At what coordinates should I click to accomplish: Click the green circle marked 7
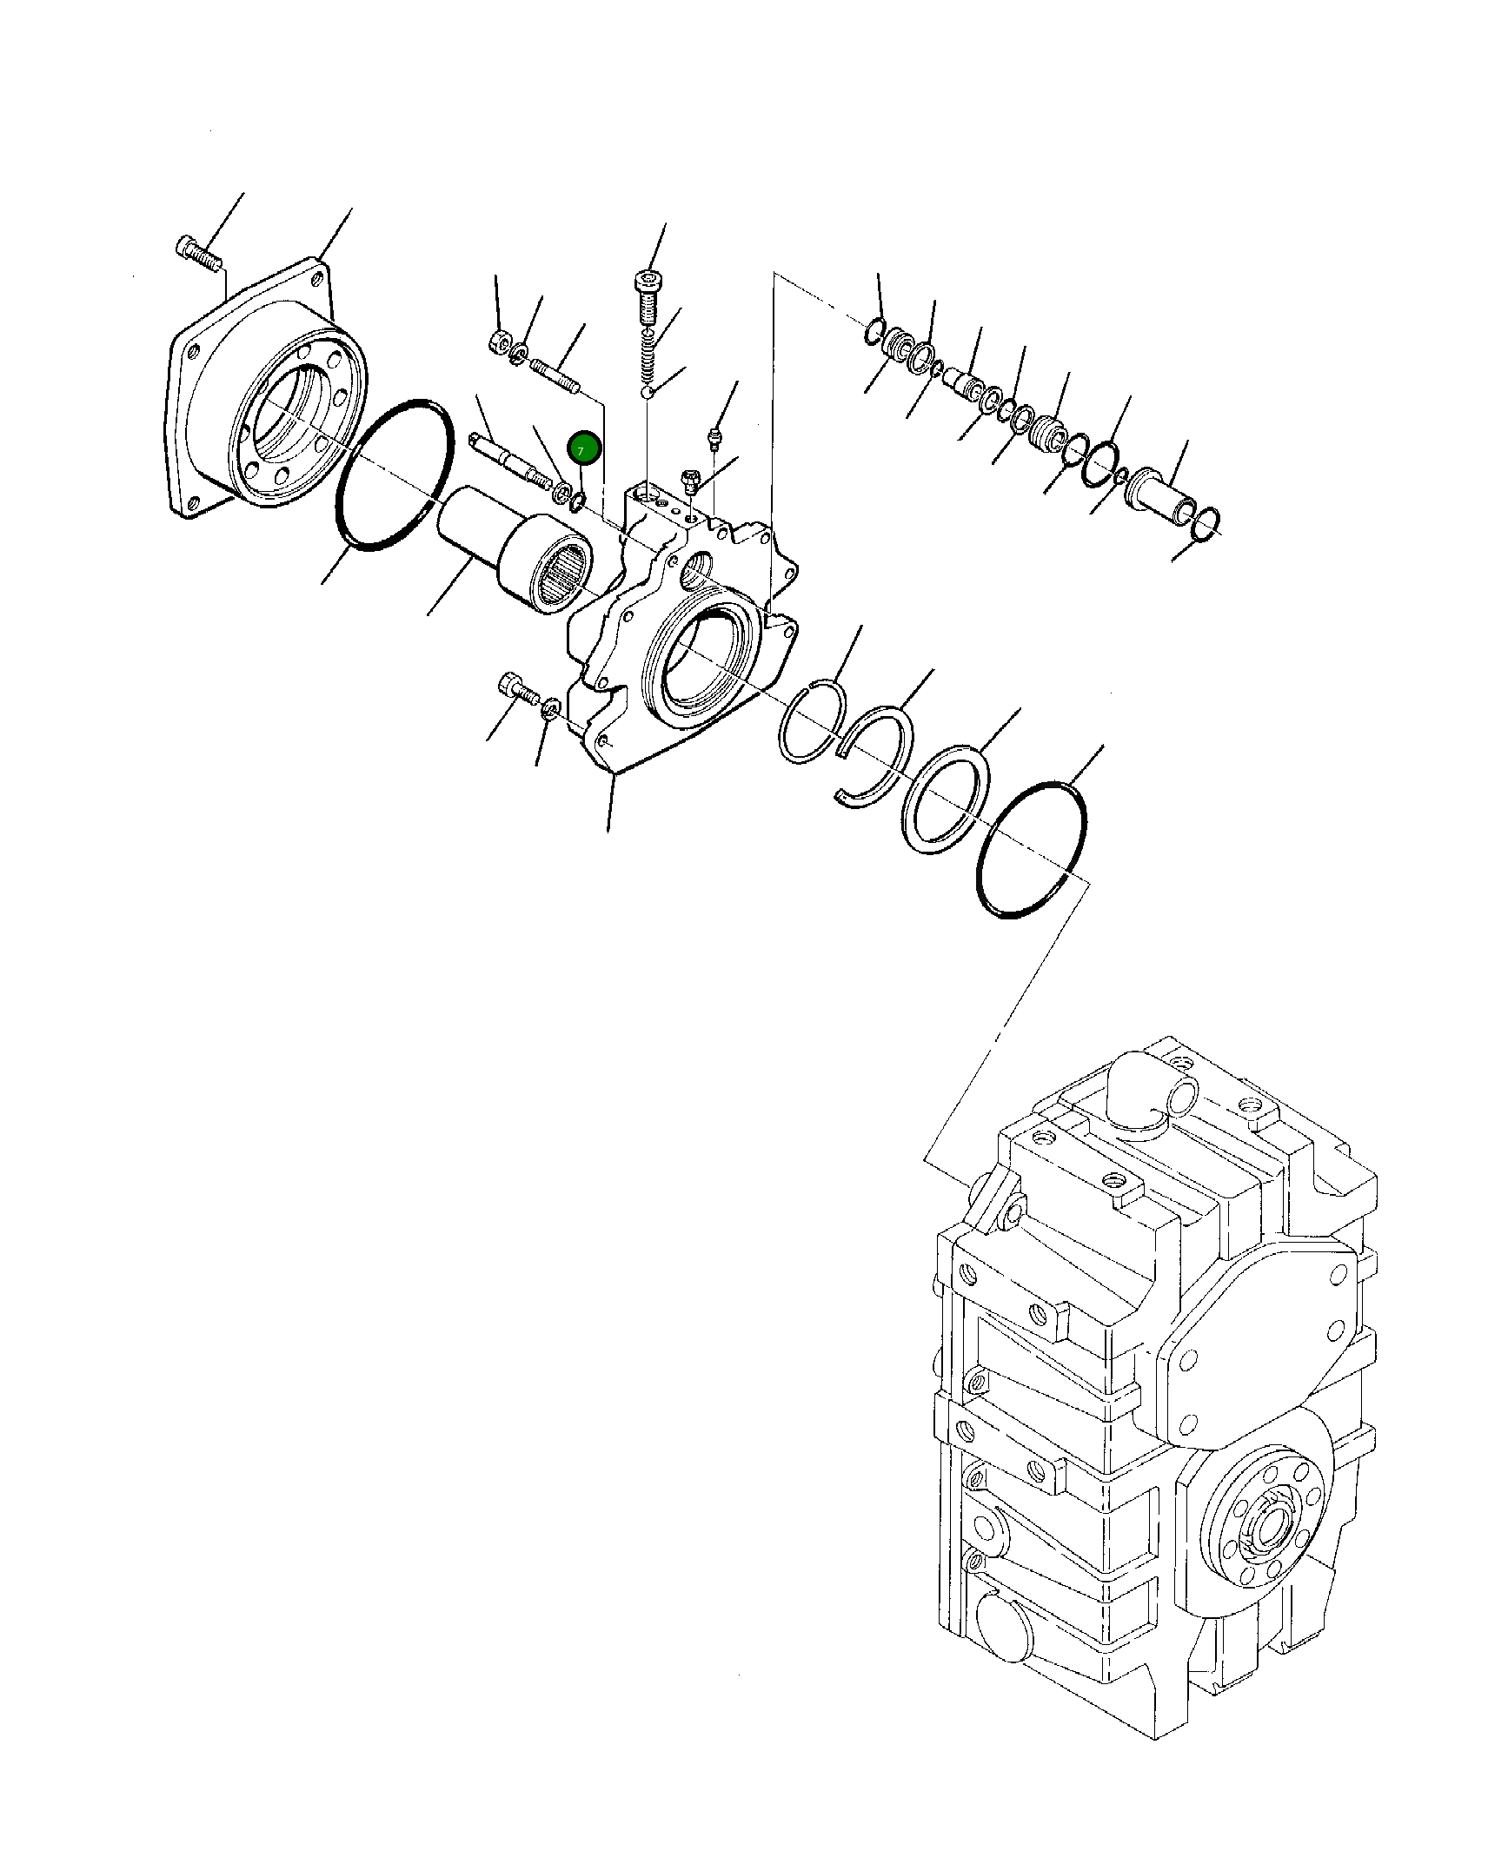[584, 448]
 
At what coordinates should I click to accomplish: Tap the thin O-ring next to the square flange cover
[395, 475]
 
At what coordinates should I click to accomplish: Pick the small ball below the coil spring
[648, 393]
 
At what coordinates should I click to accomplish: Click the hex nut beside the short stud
[499, 342]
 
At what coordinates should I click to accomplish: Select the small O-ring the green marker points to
[578, 501]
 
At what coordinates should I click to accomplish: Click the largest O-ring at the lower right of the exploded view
[1032, 850]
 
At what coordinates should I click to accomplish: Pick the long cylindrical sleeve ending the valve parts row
[1160, 499]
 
